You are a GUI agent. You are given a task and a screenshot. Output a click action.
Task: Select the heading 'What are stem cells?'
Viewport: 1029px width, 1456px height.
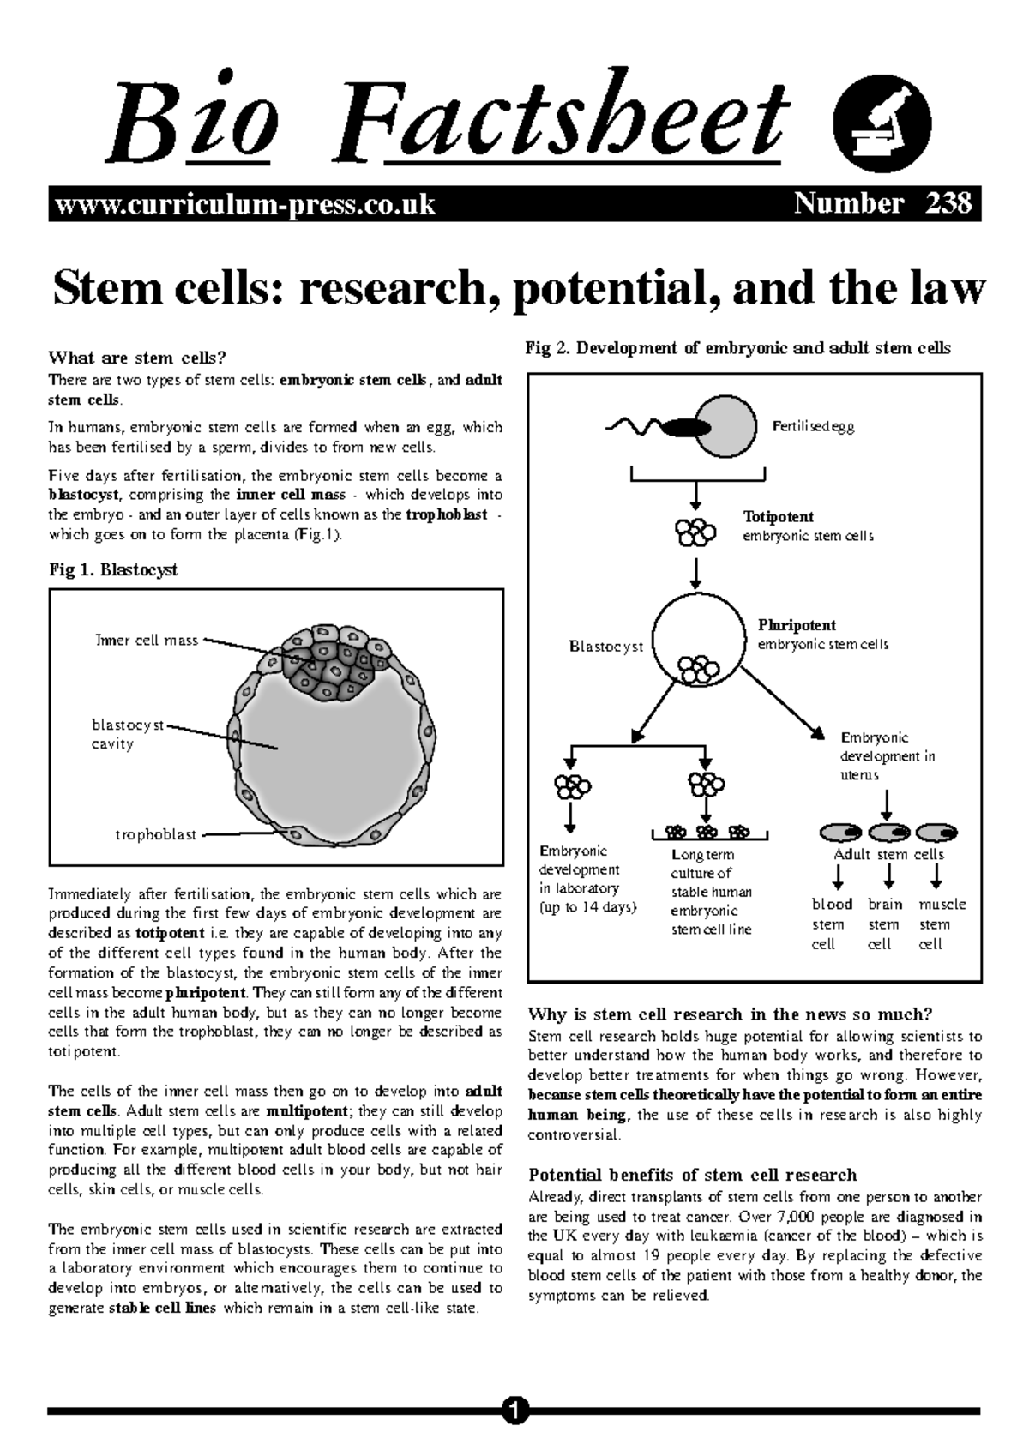click(x=141, y=358)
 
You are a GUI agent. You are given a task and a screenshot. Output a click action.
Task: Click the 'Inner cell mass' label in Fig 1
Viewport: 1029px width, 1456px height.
click(x=147, y=640)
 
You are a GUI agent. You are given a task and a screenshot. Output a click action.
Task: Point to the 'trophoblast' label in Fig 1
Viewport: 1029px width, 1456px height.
click(x=156, y=834)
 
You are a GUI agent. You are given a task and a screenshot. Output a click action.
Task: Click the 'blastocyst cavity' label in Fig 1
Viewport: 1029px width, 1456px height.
click(x=127, y=734)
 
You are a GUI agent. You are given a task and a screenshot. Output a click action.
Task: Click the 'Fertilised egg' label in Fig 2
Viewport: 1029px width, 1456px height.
click(x=813, y=426)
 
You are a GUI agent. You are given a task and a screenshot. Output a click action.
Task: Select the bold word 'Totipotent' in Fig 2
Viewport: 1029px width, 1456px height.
click(x=778, y=517)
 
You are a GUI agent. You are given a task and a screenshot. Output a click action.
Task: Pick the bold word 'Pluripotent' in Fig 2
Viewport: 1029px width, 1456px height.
click(x=797, y=625)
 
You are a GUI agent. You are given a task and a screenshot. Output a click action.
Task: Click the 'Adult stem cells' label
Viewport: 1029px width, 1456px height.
click(x=888, y=854)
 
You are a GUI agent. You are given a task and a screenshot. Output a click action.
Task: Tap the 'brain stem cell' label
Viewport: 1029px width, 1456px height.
click(x=885, y=924)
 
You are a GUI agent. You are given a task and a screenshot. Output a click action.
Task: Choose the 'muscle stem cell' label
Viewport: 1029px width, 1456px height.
click(x=942, y=924)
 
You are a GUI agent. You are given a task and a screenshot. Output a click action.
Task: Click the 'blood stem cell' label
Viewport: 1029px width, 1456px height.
click(x=832, y=924)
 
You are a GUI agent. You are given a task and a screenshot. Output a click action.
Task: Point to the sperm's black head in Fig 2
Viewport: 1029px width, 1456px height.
click(x=686, y=425)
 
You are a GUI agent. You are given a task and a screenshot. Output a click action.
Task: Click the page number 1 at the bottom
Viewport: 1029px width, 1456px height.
click(x=514, y=1410)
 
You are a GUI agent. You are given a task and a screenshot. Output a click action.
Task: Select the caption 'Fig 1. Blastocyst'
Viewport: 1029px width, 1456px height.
click(x=113, y=569)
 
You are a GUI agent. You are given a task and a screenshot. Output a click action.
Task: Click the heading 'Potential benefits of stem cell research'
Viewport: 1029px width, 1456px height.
click(x=693, y=1175)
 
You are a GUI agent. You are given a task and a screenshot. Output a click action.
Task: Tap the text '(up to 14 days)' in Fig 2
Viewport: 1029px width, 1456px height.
click(x=587, y=907)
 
